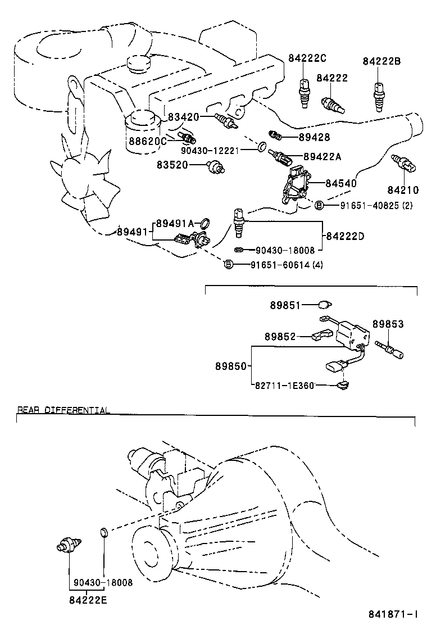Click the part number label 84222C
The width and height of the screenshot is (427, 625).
point(307,58)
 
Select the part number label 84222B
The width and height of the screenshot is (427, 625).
point(381,61)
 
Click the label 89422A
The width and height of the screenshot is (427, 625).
point(322,157)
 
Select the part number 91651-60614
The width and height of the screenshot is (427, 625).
point(279,264)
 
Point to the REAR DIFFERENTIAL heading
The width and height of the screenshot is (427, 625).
point(63,410)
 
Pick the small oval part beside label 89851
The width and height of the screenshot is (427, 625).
point(324,305)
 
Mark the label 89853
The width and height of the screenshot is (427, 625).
point(388,325)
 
